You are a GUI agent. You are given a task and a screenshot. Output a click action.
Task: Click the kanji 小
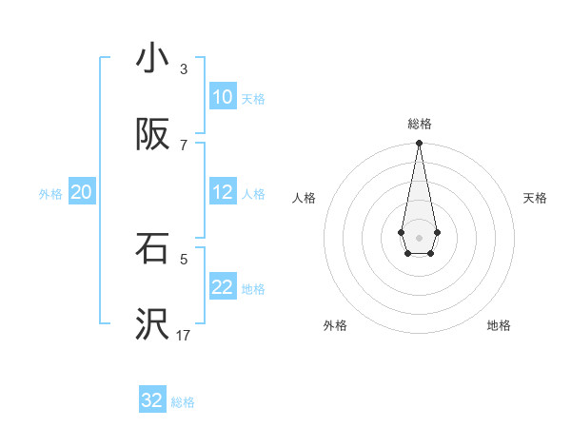pos(152,58)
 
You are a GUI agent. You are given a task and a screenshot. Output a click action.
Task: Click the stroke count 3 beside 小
pos(184,69)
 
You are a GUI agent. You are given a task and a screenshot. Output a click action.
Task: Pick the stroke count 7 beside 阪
pos(184,145)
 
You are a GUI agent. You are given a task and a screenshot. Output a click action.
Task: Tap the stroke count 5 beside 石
pos(184,258)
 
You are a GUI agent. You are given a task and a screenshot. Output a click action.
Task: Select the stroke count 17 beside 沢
pos(184,335)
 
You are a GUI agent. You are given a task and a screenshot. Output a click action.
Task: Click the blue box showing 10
pos(223,97)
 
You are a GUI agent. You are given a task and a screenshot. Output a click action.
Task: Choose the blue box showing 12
pos(223,192)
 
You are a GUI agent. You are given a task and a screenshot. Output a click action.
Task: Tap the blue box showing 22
pos(223,287)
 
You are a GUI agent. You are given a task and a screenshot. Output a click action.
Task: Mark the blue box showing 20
pos(82,192)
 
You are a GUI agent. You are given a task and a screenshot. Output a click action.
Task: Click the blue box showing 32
pos(152,400)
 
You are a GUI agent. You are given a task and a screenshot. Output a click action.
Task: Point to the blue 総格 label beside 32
pos(183,402)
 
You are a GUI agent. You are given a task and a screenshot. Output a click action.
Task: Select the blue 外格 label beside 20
pos(50,194)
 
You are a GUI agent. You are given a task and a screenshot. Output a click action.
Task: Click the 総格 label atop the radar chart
pos(419,124)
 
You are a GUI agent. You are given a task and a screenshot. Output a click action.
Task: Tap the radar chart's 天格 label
pos(536,198)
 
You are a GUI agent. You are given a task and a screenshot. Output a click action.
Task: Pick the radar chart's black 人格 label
pos(304,198)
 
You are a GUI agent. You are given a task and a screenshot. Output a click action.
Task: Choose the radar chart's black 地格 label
pos(499,325)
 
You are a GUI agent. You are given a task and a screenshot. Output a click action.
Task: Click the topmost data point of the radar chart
pos(419,144)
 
